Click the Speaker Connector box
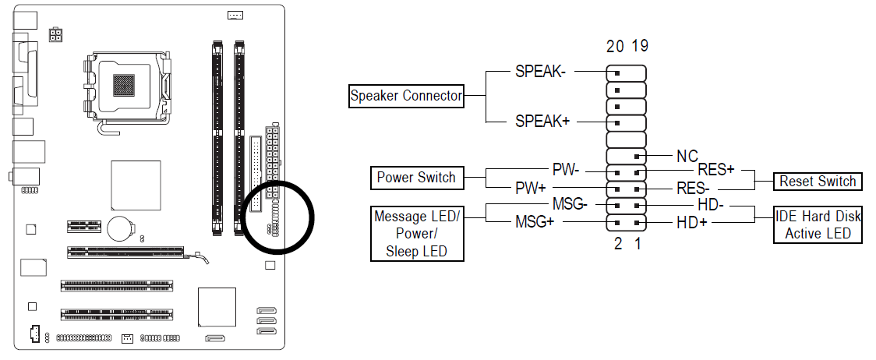[x=406, y=97]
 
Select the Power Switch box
[x=416, y=178]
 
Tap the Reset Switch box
[x=818, y=182]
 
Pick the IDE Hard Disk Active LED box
[x=818, y=225]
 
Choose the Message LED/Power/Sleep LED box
[x=416, y=233]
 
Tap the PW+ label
[x=533, y=188]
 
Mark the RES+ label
[x=715, y=168]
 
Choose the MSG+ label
[x=535, y=222]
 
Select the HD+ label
[x=691, y=224]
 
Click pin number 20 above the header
[x=615, y=47]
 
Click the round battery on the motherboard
[x=120, y=227]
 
